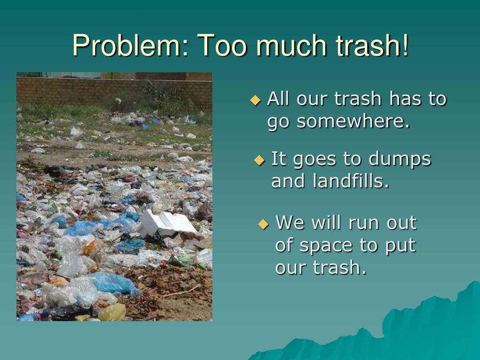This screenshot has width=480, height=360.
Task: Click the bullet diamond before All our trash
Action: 255,100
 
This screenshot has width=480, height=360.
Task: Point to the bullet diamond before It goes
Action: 259,160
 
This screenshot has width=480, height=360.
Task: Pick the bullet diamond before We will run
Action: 263,224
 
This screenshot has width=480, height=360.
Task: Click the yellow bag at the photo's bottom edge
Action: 112,312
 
